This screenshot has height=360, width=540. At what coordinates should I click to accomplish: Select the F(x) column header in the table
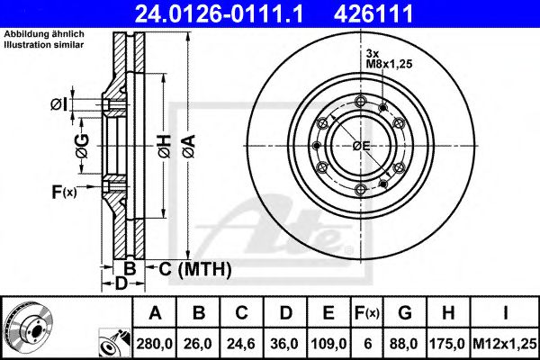pyautogui.click(x=369, y=313)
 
